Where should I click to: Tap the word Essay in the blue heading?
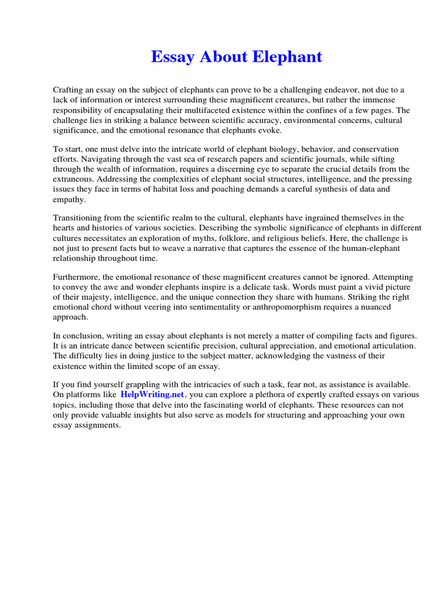[x=172, y=57]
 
